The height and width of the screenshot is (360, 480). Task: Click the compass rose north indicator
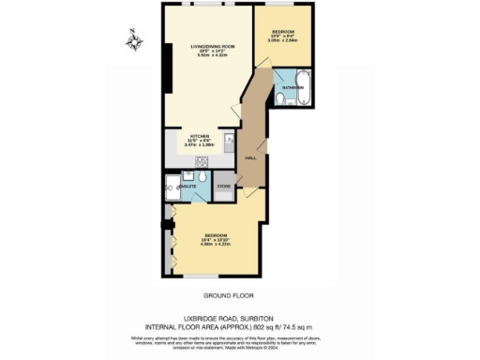pyautogui.click(x=135, y=40)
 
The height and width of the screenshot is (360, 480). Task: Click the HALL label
pyautogui.click(x=250, y=157)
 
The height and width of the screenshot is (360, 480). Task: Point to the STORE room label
pyautogui.click(x=224, y=187)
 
